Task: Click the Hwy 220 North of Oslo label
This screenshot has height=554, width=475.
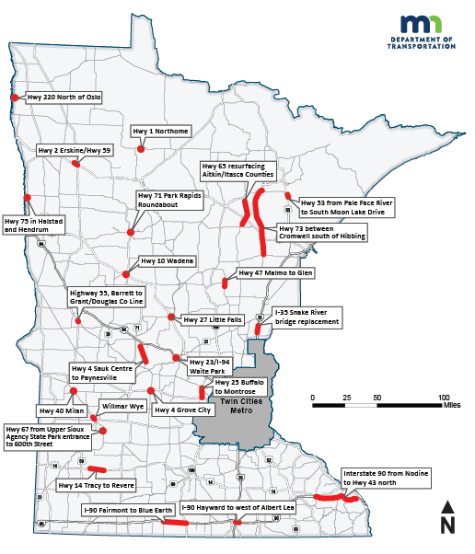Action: tap(64, 97)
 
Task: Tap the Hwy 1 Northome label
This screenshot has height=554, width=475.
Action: tap(160, 132)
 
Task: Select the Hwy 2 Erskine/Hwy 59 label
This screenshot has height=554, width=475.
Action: tap(74, 150)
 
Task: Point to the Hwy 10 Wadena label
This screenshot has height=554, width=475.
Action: tap(167, 261)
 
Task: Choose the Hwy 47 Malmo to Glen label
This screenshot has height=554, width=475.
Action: tap(276, 273)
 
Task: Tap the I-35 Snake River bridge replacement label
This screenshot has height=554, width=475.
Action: tap(307, 317)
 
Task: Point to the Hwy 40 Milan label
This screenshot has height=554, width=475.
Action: tap(60, 410)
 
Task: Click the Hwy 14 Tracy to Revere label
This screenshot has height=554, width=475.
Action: tap(96, 485)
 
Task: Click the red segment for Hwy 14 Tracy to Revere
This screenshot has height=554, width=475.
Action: tap(97, 469)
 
